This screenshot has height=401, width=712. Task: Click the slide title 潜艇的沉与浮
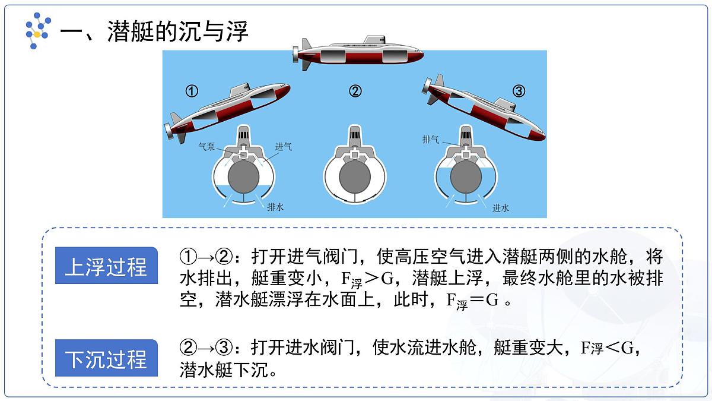pos(177,31)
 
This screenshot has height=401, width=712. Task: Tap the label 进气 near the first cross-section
pos(283,147)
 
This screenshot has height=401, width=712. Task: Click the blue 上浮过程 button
pos(106,267)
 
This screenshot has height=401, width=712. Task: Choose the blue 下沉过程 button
pos(106,359)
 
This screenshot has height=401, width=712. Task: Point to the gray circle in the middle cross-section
pos(355,177)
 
